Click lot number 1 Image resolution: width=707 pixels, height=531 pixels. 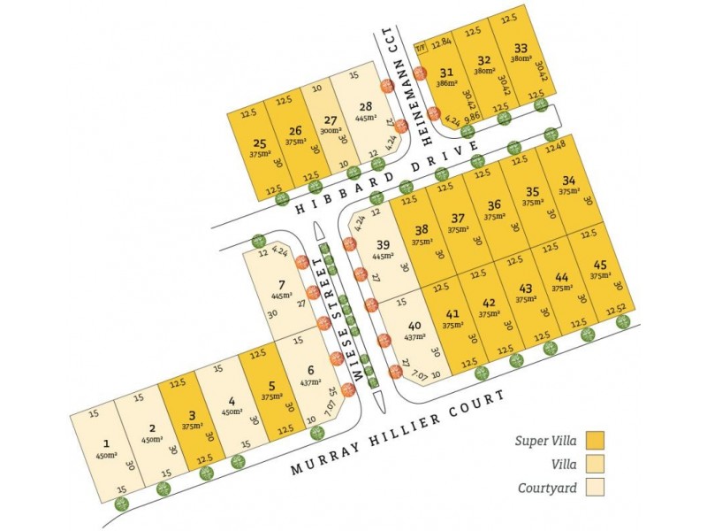(106, 443)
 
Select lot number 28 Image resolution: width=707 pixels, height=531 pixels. (364, 107)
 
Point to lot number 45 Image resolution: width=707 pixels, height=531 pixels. (600, 264)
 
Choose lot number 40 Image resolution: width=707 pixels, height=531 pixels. (415, 326)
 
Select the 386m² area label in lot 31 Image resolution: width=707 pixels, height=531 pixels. (445, 84)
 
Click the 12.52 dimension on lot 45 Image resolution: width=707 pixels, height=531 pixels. (617, 308)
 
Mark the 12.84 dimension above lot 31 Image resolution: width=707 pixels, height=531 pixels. (441, 43)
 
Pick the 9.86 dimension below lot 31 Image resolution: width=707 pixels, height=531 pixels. (472, 116)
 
